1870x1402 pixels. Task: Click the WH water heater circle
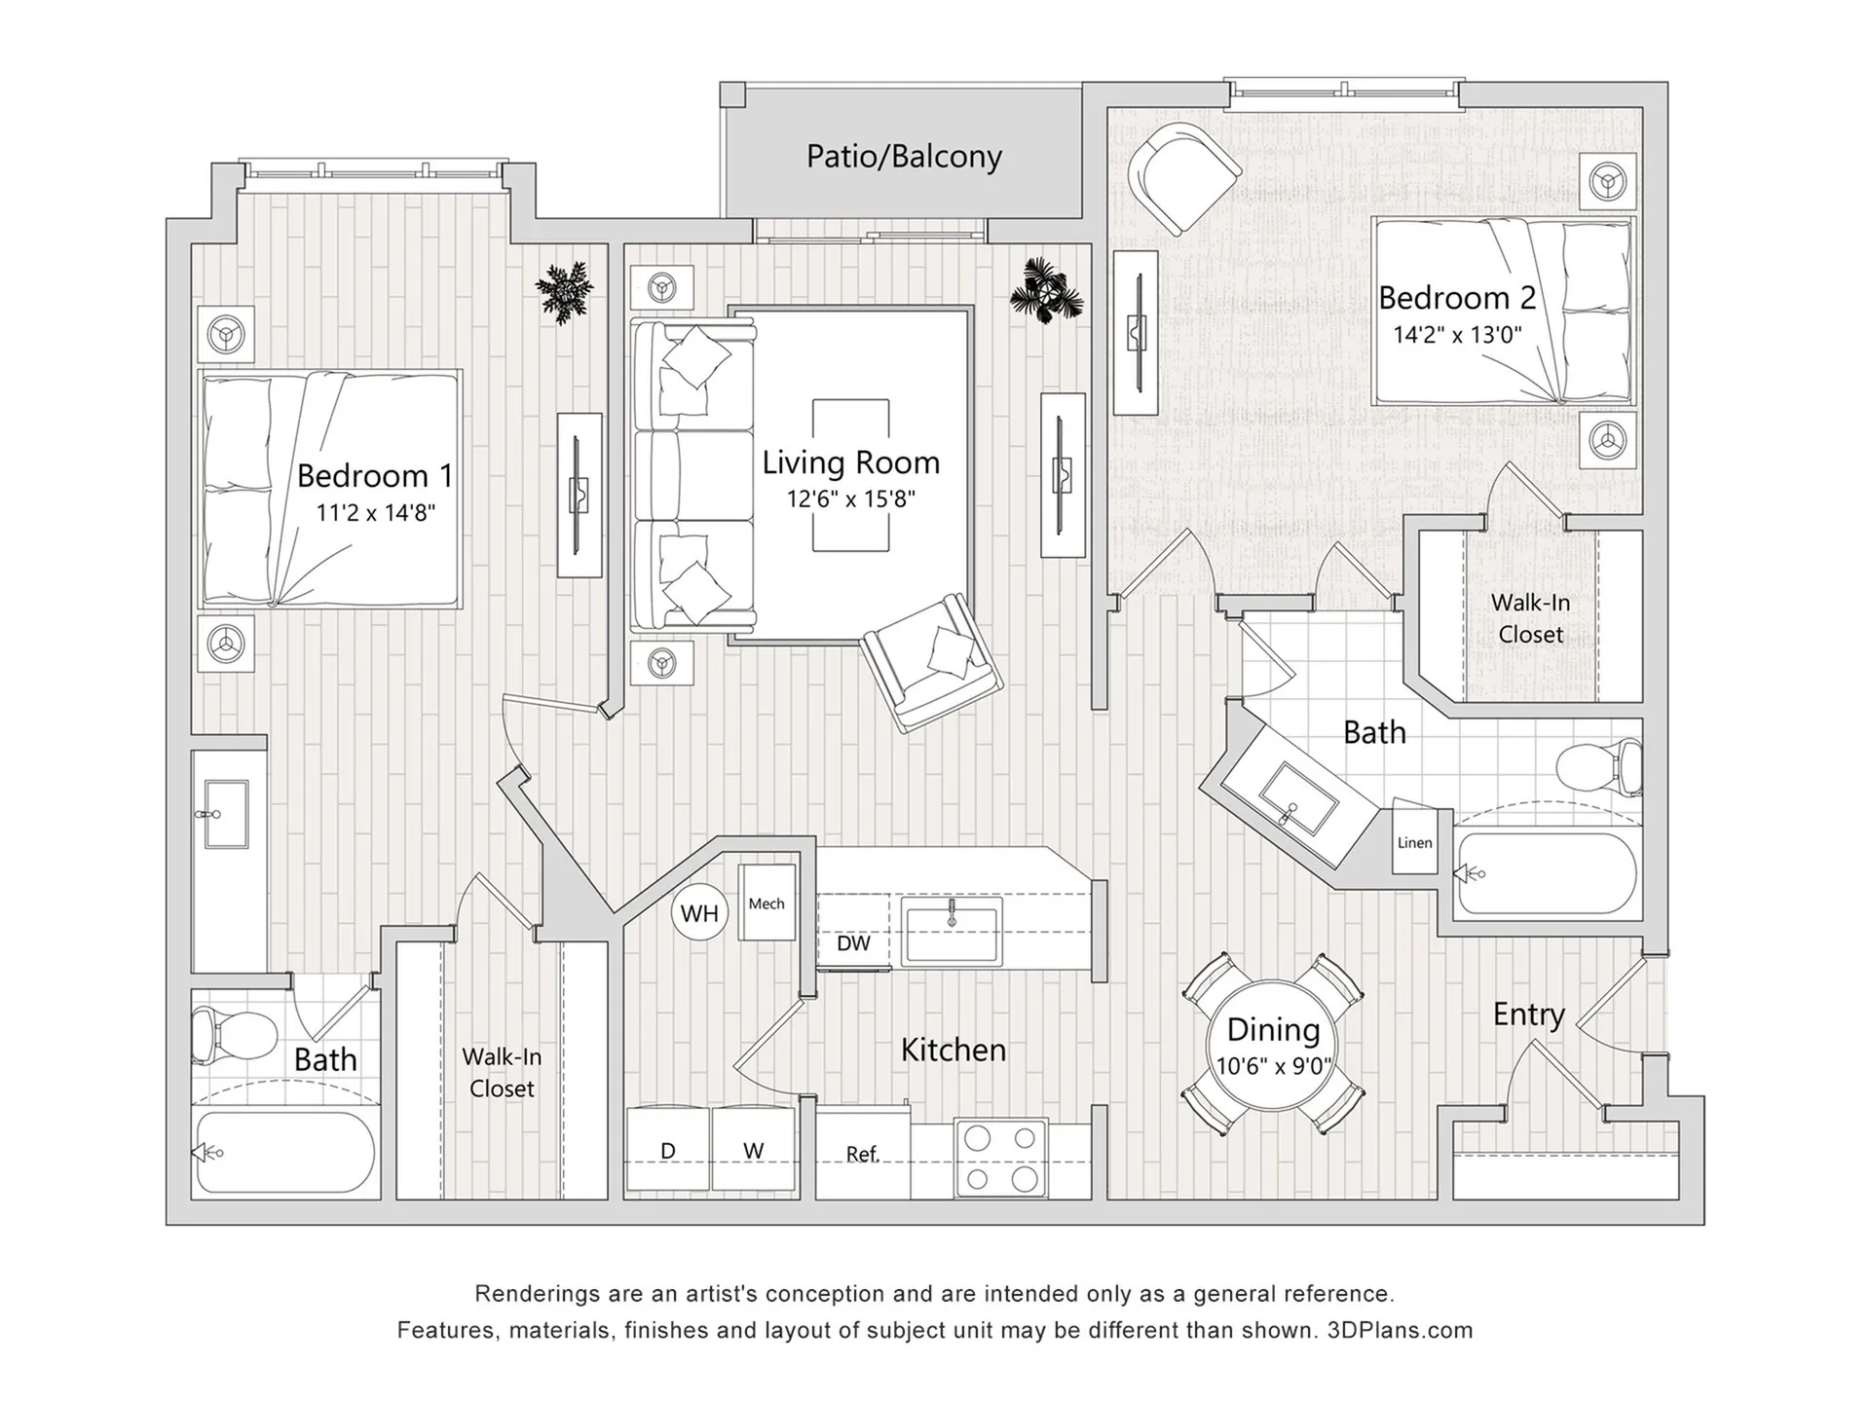click(x=699, y=913)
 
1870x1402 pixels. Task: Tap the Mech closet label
click(x=767, y=904)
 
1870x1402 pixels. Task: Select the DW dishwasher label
click(x=853, y=942)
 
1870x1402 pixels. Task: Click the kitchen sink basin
click(x=951, y=932)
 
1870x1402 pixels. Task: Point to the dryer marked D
click(x=668, y=1150)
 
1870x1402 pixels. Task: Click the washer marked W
click(x=753, y=1150)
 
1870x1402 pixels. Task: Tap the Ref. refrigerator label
click(x=862, y=1154)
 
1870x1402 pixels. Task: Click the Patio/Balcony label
click(x=904, y=156)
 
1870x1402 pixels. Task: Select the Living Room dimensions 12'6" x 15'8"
click(x=851, y=499)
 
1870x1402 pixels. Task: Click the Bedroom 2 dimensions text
click(x=1457, y=335)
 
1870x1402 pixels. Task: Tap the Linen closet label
click(x=1414, y=843)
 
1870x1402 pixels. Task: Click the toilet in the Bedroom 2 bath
click(x=1597, y=767)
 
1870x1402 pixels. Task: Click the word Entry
click(x=1528, y=1015)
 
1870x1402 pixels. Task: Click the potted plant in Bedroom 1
click(x=565, y=290)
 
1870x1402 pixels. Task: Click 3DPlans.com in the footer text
click(x=1400, y=1330)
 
